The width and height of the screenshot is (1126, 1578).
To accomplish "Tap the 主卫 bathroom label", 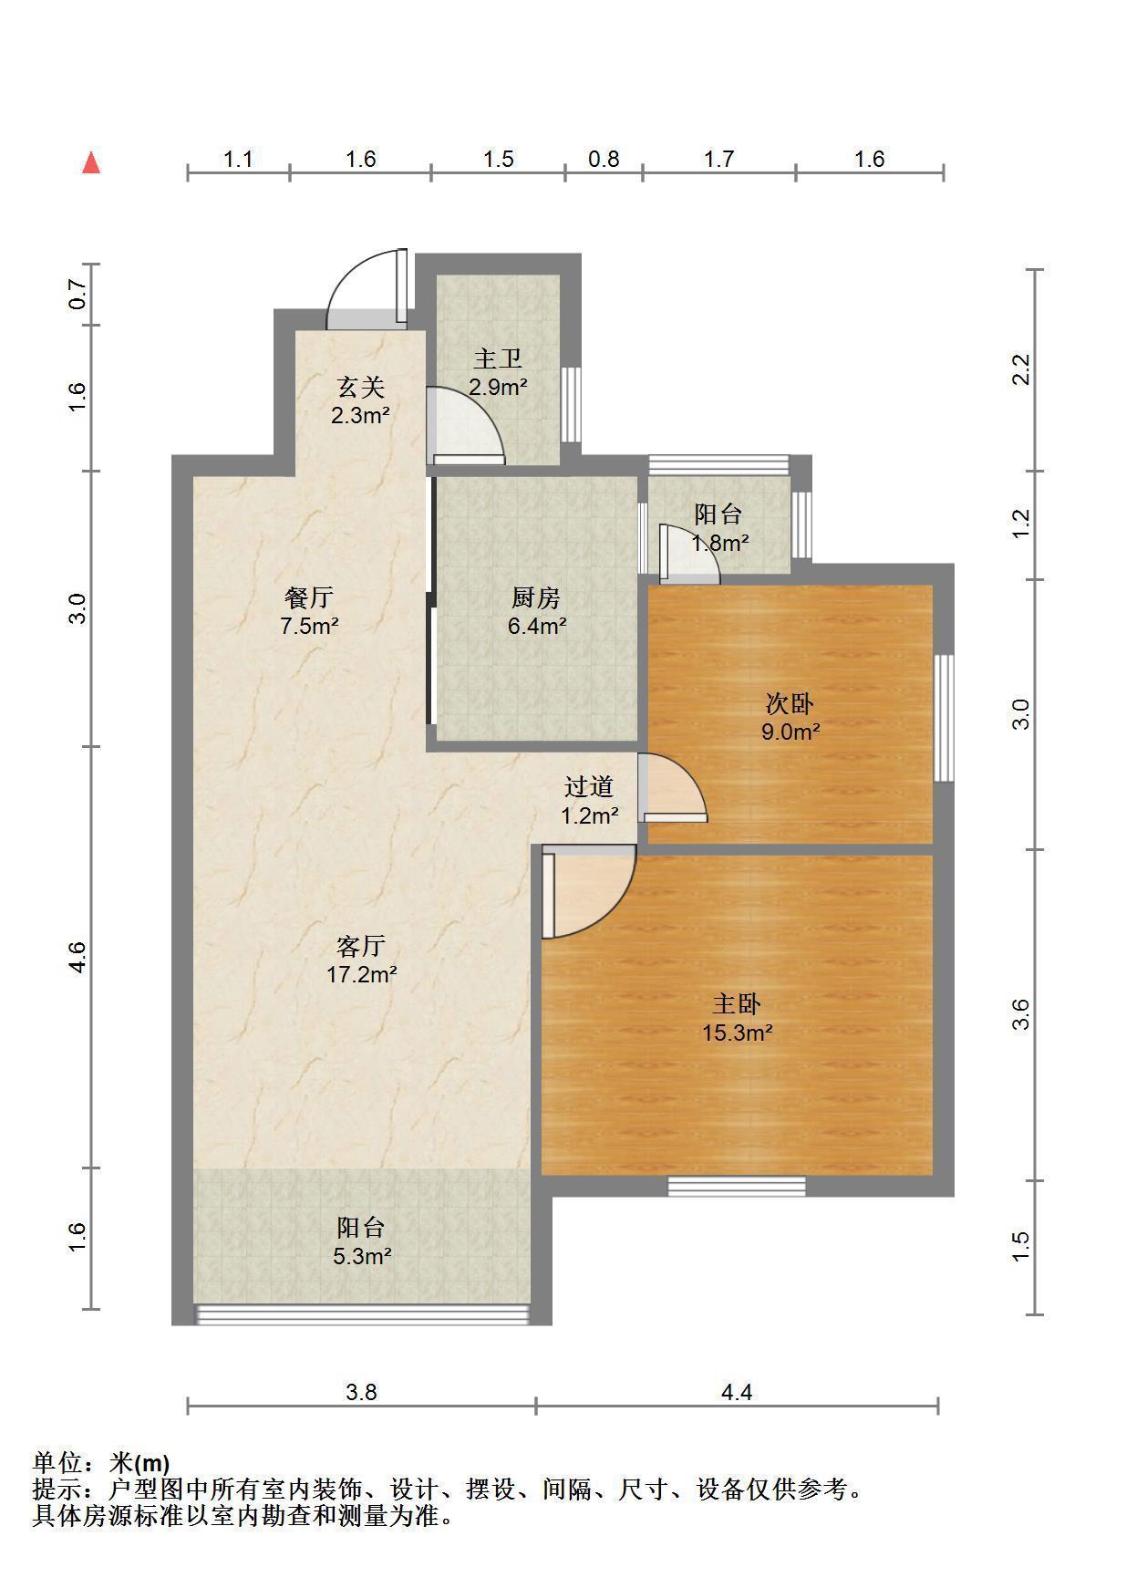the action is (x=498, y=358).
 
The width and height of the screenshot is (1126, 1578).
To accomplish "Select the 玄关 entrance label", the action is (x=360, y=387).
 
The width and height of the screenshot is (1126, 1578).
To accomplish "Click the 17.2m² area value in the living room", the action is (x=361, y=974).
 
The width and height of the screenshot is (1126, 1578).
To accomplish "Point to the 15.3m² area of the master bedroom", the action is (x=737, y=1033).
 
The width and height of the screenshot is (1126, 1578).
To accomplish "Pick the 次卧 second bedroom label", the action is (x=790, y=703).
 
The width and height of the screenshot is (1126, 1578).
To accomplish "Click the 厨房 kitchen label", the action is (x=536, y=597).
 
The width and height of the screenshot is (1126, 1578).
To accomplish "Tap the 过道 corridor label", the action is (x=589, y=786).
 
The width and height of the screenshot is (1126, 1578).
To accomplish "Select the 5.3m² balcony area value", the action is (x=361, y=1256).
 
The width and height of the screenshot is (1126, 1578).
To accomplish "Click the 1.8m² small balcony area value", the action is (x=719, y=543).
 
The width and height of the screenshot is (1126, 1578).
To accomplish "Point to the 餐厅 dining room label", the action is (x=309, y=597).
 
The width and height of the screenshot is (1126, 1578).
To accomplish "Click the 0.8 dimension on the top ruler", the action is (x=604, y=159).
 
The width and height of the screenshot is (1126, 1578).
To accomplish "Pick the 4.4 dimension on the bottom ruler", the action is (x=737, y=1392).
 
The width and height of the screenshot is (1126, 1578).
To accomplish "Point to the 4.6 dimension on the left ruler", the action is (x=77, y=956).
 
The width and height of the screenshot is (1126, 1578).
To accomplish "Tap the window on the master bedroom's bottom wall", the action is (x=737, y=1186).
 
